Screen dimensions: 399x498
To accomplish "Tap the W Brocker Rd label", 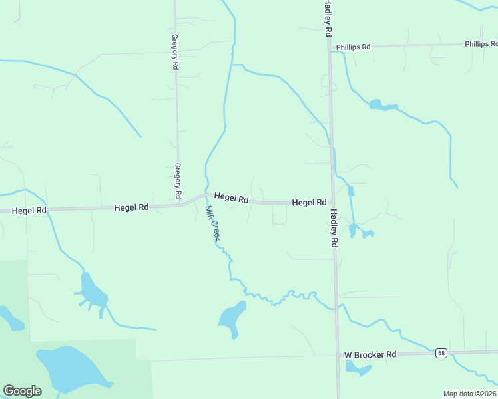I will point(370,354).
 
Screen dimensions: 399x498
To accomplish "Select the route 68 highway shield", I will point(441,353).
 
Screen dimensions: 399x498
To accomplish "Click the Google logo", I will point(22,390).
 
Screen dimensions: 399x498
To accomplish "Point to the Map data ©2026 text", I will point(469,394).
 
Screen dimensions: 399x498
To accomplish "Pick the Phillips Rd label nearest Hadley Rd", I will point(353,47).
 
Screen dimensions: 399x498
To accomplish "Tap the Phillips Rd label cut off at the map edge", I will point(481,44).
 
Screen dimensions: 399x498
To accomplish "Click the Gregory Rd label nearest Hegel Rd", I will point(178,180).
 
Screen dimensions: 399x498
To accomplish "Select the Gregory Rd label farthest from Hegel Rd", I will point(175,52).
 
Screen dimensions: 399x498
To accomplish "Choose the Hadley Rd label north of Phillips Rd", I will point(327,18).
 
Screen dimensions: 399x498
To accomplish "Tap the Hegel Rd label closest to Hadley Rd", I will point(309,202).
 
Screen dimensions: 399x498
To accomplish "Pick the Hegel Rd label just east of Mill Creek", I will point(231,198).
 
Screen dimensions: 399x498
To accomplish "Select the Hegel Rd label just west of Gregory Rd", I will point(130,207).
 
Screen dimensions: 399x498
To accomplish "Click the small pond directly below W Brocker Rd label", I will point(358,369).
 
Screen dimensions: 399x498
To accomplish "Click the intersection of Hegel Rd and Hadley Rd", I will point(332,202).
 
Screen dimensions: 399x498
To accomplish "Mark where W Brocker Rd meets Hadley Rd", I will point(337,356).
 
